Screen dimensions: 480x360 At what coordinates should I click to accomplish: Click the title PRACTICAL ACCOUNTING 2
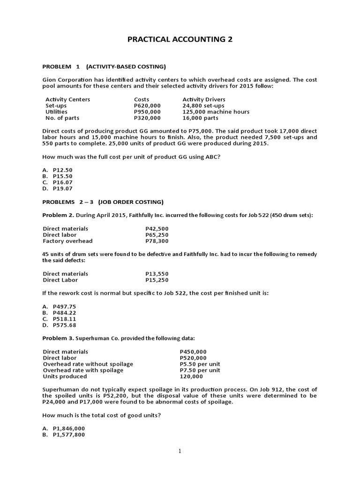(180, 40)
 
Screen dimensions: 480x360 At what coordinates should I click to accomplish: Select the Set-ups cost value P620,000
(147, 105)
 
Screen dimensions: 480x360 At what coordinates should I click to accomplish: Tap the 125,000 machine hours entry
(216, 112)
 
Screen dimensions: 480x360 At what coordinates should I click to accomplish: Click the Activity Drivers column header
(203, 99)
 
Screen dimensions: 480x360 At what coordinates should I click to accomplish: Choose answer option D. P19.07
(58, 188)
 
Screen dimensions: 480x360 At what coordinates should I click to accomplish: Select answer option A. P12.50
(58, 170)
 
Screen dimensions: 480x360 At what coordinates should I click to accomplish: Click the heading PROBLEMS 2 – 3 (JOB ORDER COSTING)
(103, 202)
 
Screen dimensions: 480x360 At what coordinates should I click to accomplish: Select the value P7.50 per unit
(200, 370)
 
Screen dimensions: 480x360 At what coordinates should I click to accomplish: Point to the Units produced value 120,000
(191, 376)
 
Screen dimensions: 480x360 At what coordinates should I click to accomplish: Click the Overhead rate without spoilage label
(88, 364)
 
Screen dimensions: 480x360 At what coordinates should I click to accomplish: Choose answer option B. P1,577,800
(64, 435)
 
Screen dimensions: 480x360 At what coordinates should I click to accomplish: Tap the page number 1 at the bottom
(180, 451)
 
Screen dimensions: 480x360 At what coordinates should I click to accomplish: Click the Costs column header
(142, 99)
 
